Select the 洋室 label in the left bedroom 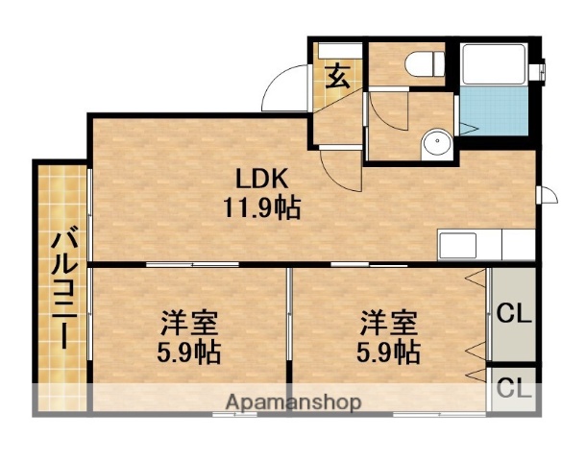pos(188,321)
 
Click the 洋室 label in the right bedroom pos(389,321)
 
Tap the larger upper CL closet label pos(514,313)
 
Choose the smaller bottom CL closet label pos(514,389)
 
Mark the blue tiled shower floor pos(494,112)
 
